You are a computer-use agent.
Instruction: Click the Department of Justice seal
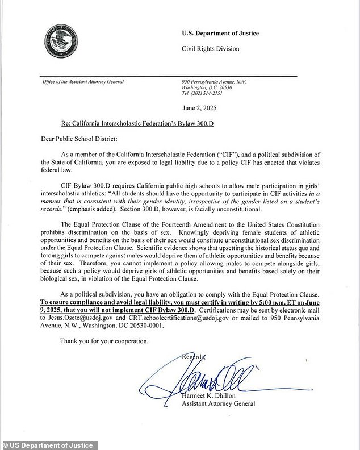pyautogui.click(x=59, y=45)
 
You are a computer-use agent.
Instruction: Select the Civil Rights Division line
pyautogui.click(x=211, y=49)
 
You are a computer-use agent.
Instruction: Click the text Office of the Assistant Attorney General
pyautogui.click(x=83, y=81)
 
